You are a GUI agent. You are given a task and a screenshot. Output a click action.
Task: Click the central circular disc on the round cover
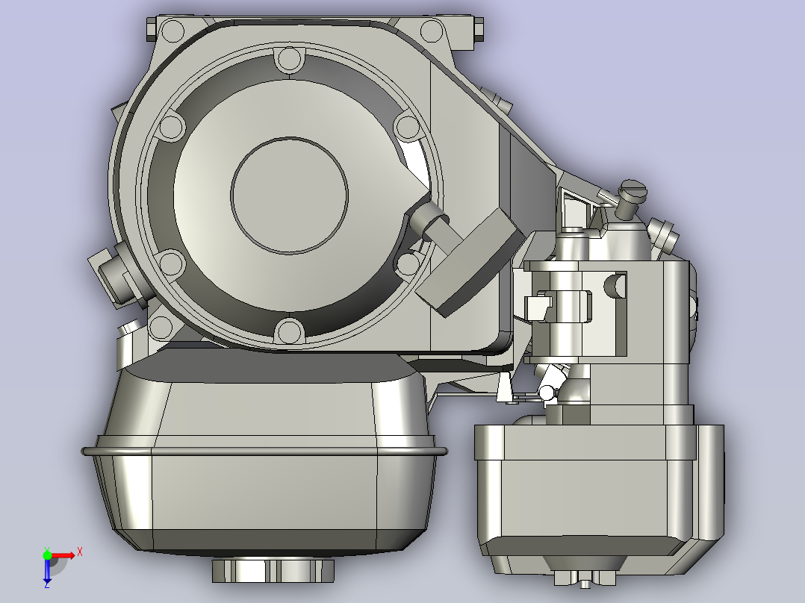(289, 195)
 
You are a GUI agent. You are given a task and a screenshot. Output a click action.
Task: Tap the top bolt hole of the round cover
(290, 58)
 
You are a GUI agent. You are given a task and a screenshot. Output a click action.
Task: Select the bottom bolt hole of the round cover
(290, 331)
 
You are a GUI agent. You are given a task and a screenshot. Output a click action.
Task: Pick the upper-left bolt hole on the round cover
(172, 126)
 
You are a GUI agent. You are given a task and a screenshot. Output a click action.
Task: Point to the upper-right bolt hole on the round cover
(408, 127)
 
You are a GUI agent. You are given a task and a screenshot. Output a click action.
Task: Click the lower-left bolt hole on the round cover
(172, 263)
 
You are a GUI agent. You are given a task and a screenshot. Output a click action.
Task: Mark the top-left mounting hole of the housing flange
(172, 31)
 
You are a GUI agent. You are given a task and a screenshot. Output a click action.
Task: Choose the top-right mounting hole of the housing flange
(432, 31)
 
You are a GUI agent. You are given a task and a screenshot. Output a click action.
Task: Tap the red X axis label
(80, 552)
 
